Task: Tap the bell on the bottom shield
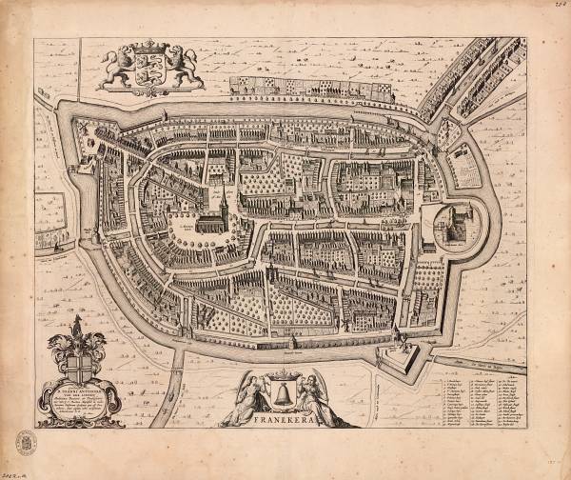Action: tap(283, 392)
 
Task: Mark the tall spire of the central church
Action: tap(224, 201)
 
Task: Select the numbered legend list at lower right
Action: tap(483, 400)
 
